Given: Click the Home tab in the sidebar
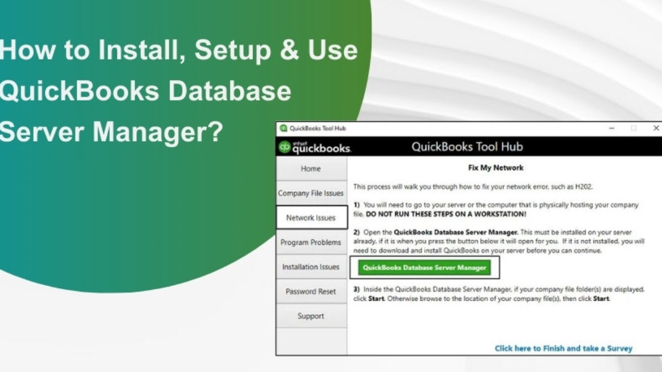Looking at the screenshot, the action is pyautogui.click(x=311, y=169).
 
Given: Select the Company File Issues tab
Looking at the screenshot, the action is pyautogui.click(x=311, y=193).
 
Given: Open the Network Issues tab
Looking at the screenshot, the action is pyautogui.click(x=312, y=218).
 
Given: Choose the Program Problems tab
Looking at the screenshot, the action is pyautogui.click(x=311, y=242).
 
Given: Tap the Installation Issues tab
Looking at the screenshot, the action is pyautogui.click(x=311, y=267).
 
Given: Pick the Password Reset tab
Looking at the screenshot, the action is pyautogui.click(x=311, y=292).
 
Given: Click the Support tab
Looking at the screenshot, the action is pyautogui.click(x=311, y=316).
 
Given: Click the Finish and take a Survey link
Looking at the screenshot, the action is pyautogui.click(x=563, y=348).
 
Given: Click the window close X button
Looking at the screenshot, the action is pyautogui.click(x=656, y=128).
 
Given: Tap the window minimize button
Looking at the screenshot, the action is pyautogui.click(x=611, y=128).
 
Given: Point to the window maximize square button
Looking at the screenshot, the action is pyautogui.click(x=633, y=128).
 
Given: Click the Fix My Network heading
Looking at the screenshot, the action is pyautogui.click(x=495, y=168).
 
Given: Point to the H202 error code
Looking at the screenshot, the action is pyautogui.click(x=584, y=187).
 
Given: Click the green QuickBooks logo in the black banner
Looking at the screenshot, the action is pyautogui.click(x=285, y=147).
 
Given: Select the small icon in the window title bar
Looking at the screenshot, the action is pyautogui.click(x=284, y=128).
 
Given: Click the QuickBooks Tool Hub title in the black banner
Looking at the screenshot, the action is pyautogui.click(x=467, y=147).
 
